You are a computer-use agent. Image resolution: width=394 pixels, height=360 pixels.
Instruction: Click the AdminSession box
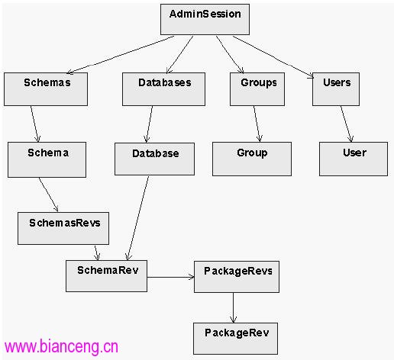coord(205,19)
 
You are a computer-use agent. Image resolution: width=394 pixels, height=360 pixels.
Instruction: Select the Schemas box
coord(46,89)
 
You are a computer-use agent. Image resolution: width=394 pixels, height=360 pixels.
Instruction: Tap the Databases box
coord(163,89)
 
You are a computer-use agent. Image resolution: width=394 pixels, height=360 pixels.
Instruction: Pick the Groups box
coord(257,89)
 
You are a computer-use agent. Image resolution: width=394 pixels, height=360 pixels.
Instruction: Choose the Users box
coord(336,89)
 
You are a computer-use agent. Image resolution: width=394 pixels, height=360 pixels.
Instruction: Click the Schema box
coord(47,159)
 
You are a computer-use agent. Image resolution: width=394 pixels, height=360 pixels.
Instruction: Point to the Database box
coord(154,159)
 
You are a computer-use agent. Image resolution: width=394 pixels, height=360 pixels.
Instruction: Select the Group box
coord(252,159)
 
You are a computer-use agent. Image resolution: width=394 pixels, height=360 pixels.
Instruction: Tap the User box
coord(354,159)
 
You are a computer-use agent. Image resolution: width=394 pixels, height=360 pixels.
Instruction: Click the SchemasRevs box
coord(63,228)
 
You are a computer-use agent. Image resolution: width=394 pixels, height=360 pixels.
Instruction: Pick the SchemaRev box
coord(106,276)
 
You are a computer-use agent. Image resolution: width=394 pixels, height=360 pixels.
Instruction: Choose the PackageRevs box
coord(237,277)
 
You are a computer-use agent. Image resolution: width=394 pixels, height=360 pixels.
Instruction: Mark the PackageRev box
coord(235,339)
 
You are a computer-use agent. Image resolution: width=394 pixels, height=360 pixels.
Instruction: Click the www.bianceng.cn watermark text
coord(61,346)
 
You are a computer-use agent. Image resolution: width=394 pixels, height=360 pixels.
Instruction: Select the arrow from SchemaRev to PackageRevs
coord(171,277)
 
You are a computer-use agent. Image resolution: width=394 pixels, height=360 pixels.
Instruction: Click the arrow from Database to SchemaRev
coord(138,218)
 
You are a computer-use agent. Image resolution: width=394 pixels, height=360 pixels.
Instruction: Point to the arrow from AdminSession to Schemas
coord(121,55)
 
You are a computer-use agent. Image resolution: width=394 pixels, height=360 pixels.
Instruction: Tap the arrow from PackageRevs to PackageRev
coord(233,307)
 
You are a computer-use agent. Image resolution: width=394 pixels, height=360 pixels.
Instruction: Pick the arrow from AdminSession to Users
coord(273,57)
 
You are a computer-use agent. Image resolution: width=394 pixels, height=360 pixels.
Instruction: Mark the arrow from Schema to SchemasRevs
coord(48,194)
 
